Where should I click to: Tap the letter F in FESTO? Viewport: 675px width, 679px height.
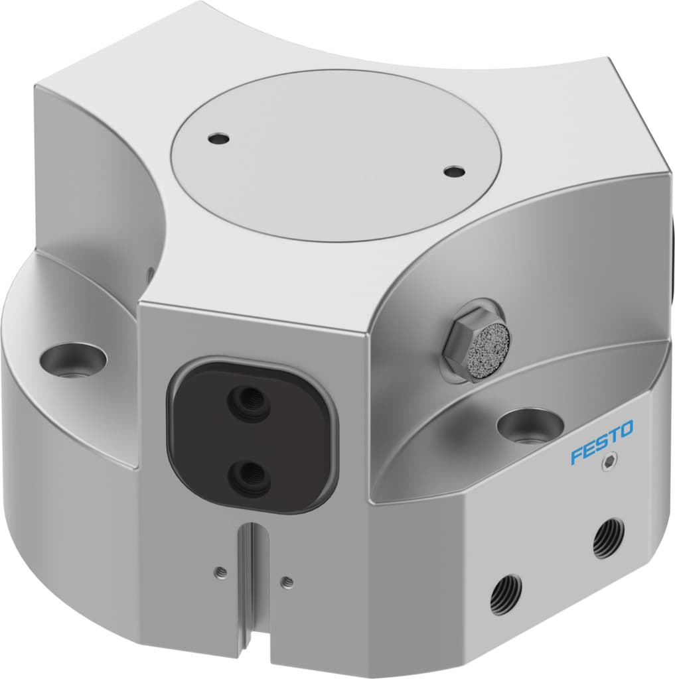click(x=576, y=456)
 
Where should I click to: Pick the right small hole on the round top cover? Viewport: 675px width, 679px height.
click(x=454, y=172)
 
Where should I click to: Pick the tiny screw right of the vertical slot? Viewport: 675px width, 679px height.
click(x=287, y=582)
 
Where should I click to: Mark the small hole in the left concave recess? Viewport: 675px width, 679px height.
click(x=149, y=273)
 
